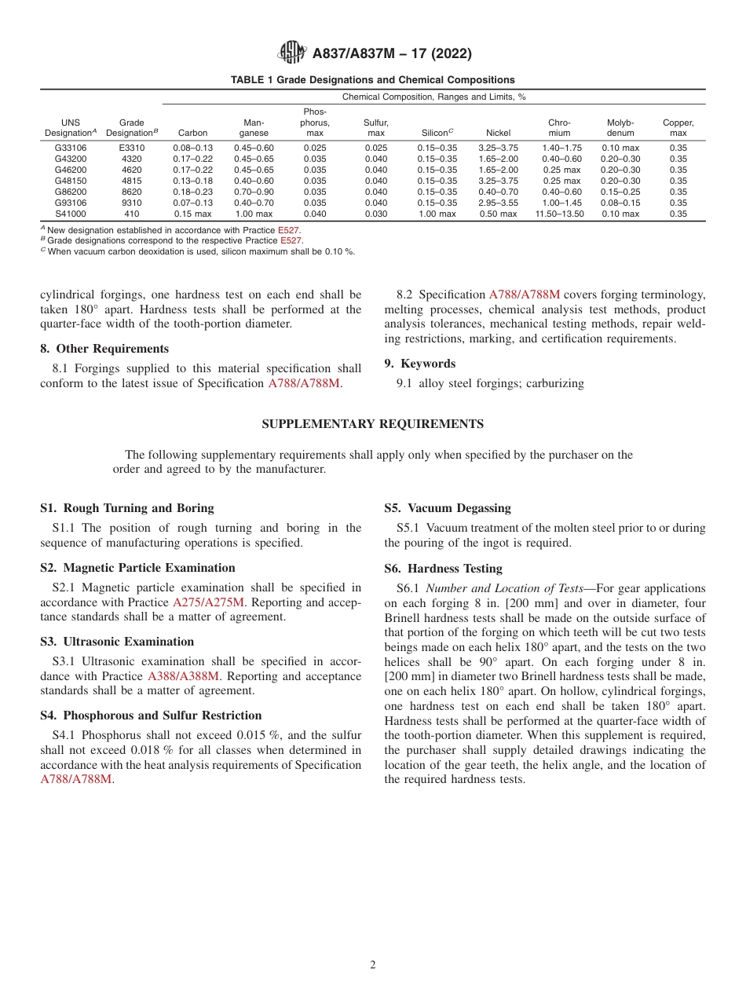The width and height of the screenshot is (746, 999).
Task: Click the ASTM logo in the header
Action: click(292, 53)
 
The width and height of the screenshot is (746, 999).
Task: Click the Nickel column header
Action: click(498, 134)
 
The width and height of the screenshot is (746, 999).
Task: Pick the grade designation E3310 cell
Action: click(132, 148)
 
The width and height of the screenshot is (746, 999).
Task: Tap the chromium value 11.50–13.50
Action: click(559, 214)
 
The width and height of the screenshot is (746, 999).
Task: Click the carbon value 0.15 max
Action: click(192, 214)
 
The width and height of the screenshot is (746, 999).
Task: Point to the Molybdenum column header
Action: click(620, 128)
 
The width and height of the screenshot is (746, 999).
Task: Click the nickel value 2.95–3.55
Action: click(498, 203)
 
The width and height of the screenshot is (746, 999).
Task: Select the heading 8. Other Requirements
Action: click(104, 349)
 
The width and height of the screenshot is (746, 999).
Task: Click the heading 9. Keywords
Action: click(420, 364)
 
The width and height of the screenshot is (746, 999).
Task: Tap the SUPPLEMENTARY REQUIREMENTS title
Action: click(372, 424)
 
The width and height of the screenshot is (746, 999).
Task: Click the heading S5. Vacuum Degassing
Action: click(448, 508)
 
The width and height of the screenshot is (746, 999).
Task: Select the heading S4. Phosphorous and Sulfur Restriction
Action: click(151, 715)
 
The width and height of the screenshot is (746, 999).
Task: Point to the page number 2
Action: click(373, 965)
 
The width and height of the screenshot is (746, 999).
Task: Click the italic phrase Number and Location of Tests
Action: click(504, 588)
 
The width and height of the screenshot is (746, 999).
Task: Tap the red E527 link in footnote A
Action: click(288, 230)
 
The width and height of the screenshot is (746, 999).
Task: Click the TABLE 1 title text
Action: click(372, 80)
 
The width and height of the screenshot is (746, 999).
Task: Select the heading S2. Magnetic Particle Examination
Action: click(137, 568)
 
